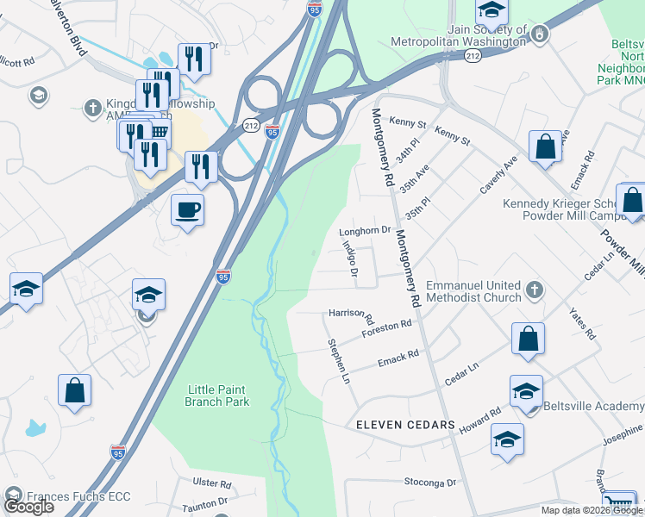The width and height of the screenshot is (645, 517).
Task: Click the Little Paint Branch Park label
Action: [x=218, y=396]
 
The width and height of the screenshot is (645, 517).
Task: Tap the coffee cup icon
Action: [x=187, y=209]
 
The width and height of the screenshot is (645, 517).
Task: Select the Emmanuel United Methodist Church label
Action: [x=474, y=291]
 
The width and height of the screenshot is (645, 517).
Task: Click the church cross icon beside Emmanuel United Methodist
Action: [x=535, y=290]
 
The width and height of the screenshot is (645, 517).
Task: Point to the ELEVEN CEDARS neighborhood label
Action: [x=405, y=426]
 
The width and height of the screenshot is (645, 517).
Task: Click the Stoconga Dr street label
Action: [x=427, y=483]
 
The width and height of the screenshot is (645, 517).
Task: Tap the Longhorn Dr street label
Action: [x=366, y=231]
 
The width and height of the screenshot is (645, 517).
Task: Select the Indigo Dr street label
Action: [x=350, y=258]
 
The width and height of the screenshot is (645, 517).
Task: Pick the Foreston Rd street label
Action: [x=386, y=327]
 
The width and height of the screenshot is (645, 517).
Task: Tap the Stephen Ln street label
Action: [x=340, y=361]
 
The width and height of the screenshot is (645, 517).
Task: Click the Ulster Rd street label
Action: [x=214, y=484]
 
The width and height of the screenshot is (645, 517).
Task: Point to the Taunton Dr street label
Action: [x=204, y=501]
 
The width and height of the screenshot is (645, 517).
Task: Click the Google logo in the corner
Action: [x=28, y=507]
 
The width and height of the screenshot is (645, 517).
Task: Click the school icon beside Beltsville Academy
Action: [x=525, y=392]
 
